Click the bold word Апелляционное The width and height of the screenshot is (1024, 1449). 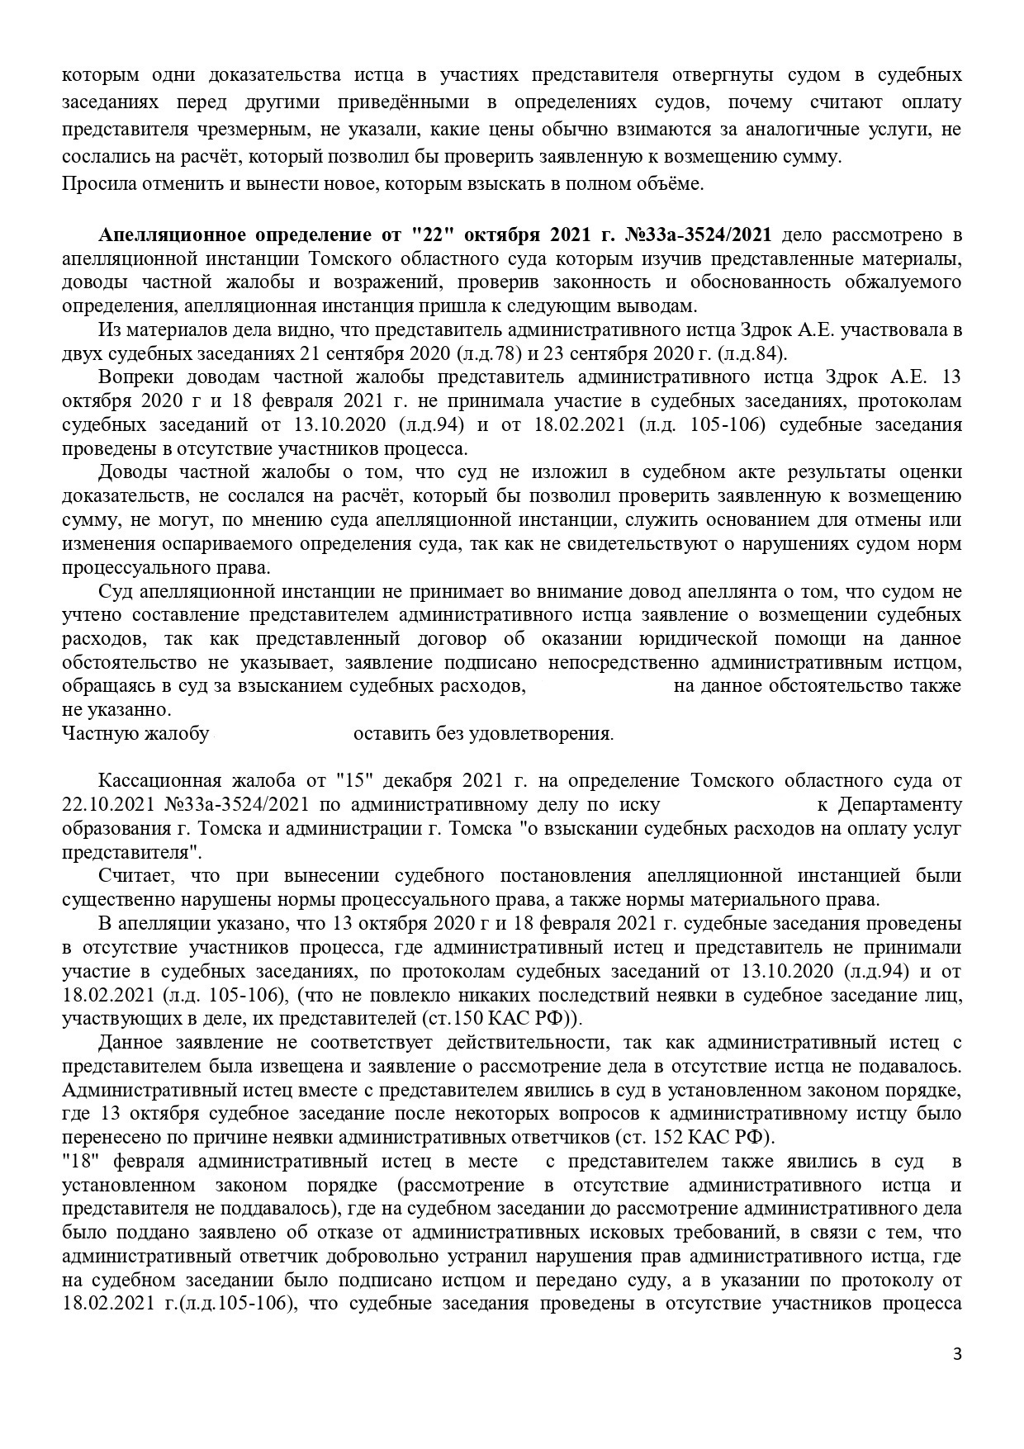click(x=172, y=236)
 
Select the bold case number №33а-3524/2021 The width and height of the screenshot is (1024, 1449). click(x=701, y=236)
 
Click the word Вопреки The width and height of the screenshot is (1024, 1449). click(x=135, y=378)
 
